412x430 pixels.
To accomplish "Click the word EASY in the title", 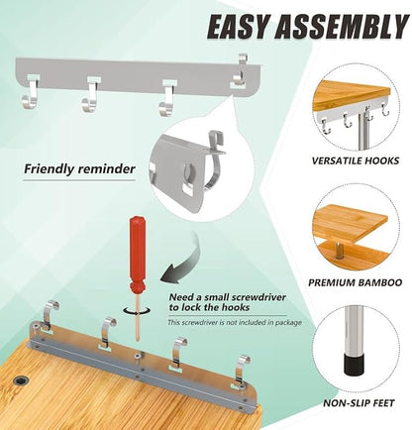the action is pyautogui.click(x=237, y=27).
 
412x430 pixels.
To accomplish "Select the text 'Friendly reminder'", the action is pyautogui.click(x=79, y=169).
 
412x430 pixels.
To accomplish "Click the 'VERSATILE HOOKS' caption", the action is pyautogui.click(x=356, y=161).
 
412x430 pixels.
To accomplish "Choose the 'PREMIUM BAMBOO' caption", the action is pyautogui.click(x=356, y=282).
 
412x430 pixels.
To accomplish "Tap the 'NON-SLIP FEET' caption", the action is pyautogui.click(x=359, y=403).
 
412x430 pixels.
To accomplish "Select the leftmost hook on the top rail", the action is pyautogui.click(x=29, y=94).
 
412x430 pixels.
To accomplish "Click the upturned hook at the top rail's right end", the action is pyautogui.click(x=241, y=72).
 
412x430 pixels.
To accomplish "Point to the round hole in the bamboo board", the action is pyautogui.click(x=21, y=380).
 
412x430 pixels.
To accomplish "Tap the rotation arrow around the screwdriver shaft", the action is pyautogui.click(x=137, y=310).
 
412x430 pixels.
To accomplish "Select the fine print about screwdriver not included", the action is pyautogui.click(x=235, y=322).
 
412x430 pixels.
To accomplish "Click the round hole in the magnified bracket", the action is pyautogui.click(x=188, y=171).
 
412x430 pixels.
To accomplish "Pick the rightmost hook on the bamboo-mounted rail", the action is pyautogui.click(x=242, y=371).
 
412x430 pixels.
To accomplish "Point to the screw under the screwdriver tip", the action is pyautogui.click(x=137, y=356).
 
